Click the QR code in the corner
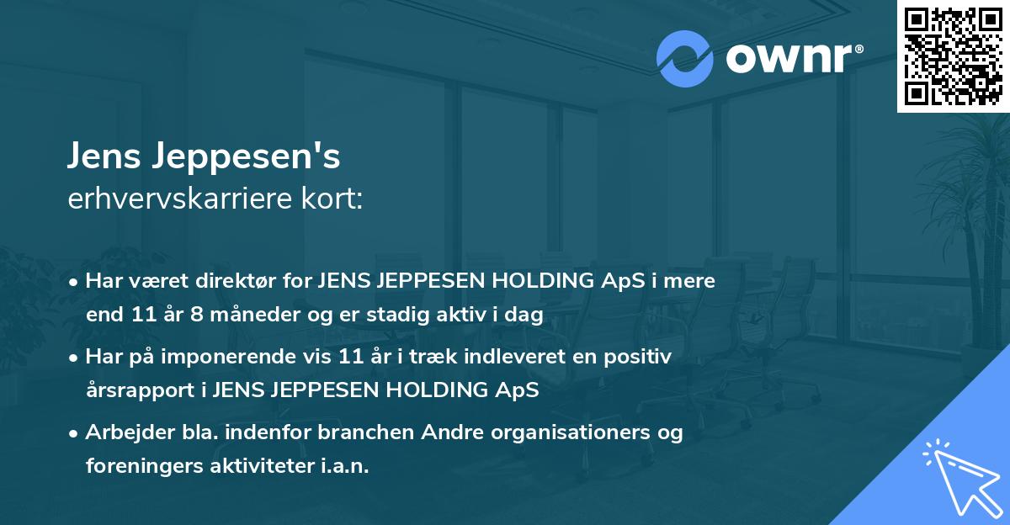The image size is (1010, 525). (953, 56)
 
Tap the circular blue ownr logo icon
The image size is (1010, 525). (685, 58)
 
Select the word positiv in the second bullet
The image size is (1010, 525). (641, 357)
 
